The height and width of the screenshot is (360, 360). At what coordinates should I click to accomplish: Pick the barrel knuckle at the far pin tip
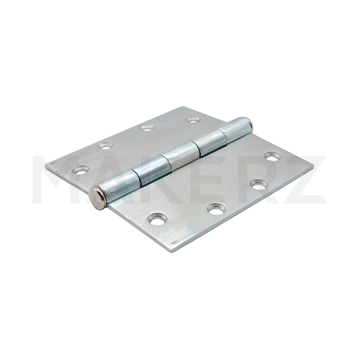pos(235,129)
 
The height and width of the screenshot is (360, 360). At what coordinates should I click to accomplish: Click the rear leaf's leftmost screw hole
pos(81,170)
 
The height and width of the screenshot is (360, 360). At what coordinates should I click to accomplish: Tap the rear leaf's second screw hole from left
pos(106,145)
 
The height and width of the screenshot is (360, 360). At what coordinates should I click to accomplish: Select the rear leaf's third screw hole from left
pos(147,127)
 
